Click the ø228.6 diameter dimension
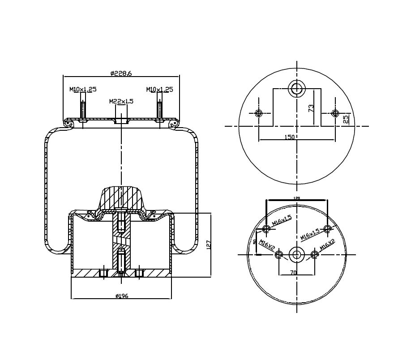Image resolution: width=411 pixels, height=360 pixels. [x=121, y=74]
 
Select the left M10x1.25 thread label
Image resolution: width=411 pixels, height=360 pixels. [x=83, y=90]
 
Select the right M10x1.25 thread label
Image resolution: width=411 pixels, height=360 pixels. [x=159, y=90]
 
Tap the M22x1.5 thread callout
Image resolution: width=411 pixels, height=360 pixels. [x=121, y=101]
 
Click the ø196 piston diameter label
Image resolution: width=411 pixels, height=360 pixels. [x=122, y=296]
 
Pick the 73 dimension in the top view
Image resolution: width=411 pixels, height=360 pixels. [x=311, y=107]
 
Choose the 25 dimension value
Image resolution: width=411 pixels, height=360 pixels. [x=345, y=119]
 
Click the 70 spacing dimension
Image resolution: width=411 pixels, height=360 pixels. [x=293, y=272]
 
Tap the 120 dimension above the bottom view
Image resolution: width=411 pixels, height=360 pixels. [x=296, y=197]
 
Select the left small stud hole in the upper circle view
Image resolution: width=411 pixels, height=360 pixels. [x=258, y=113]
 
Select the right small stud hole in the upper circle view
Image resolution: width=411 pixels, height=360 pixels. [x=335, y=113]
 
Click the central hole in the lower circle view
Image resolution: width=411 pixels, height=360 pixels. [x=296, y=255]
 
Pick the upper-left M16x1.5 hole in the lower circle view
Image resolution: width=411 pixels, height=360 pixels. [x=267, y=229]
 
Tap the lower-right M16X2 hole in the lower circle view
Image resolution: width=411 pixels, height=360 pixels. [x=314, y=255]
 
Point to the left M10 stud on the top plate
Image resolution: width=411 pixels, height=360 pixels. [x=83, y=109]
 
